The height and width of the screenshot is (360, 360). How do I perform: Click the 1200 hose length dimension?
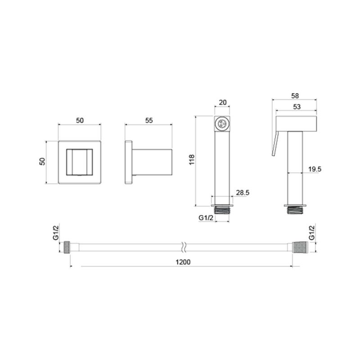[183, 262]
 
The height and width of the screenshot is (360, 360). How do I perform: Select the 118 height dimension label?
[192, 160]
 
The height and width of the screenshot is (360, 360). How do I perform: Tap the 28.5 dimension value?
[243, 193]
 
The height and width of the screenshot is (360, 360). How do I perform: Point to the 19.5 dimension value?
[315, 169]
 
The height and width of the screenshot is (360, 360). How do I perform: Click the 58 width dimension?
[295, 96]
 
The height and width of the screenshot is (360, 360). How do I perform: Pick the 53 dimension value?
[297, 107]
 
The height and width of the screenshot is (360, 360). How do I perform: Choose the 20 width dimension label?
[223, 103]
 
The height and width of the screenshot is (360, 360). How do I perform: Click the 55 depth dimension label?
[149, 120]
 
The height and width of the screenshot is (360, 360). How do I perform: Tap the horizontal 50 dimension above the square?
[80, 120]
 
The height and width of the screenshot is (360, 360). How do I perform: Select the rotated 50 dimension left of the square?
[42, 162]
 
